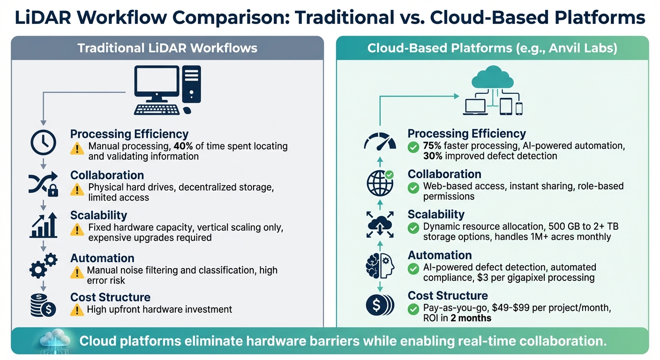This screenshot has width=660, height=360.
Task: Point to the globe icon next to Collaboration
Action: click(380, 183)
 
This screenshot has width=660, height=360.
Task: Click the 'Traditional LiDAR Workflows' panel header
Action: click(167, 48)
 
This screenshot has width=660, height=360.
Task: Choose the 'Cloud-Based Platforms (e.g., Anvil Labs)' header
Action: click(492, 48)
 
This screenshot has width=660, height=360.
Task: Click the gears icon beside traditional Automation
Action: click(43, 266)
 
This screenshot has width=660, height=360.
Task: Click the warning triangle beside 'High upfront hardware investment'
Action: click(77, 310)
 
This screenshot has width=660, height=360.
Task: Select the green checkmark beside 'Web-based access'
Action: click(413, 188)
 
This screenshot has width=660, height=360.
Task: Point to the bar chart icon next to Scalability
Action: click(43, 225)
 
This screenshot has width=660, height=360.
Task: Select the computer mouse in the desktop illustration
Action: click(187, 111)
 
